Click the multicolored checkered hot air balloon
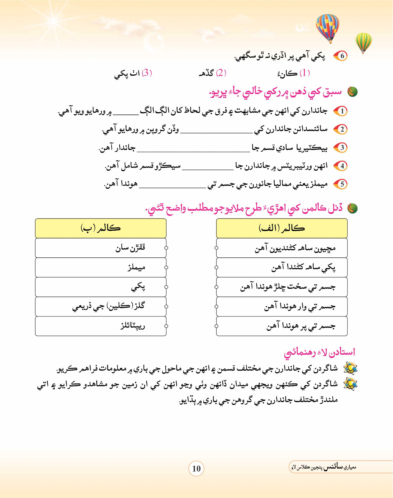pos(327,27)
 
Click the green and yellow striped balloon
pos(363,42)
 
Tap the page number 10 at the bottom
pos(196,468)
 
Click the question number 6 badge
pos(341,56)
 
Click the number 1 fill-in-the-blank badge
pos(341,111)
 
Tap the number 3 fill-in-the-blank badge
pos(341,148)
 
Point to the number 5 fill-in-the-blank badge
pos(341,184)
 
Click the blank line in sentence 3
pos(193,151)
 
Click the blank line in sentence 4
pos(208,169)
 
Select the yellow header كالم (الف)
pos(282,228)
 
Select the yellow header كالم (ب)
pos(101,228)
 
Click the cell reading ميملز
pos(101,267)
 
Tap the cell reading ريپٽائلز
pos(101,326)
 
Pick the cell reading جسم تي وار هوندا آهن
pos(282,307)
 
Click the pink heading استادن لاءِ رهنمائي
pos(319,352)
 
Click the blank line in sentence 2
pos(216,132)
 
